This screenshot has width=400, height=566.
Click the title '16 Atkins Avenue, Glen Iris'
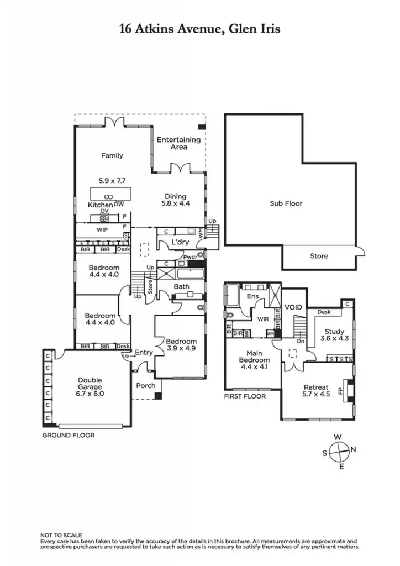point(200,29)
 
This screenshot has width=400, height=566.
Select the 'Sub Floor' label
point(286,203)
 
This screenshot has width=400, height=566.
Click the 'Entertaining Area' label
point(178,143)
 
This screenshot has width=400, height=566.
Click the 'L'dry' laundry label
point(180,243)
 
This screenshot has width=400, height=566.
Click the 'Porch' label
point(146,385)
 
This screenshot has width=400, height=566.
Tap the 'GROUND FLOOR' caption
point(69,436)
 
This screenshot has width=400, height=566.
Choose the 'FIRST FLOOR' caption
point(245,396)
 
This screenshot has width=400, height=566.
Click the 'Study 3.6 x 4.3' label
point(334,335)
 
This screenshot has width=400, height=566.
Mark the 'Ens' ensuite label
point(253,297)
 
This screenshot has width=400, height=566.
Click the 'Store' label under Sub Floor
point(319,256)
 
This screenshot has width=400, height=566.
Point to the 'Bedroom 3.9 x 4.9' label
point(181,345)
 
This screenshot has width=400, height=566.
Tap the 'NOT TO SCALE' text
point(61,535)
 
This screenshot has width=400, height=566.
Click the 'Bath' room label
point(182,286)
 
